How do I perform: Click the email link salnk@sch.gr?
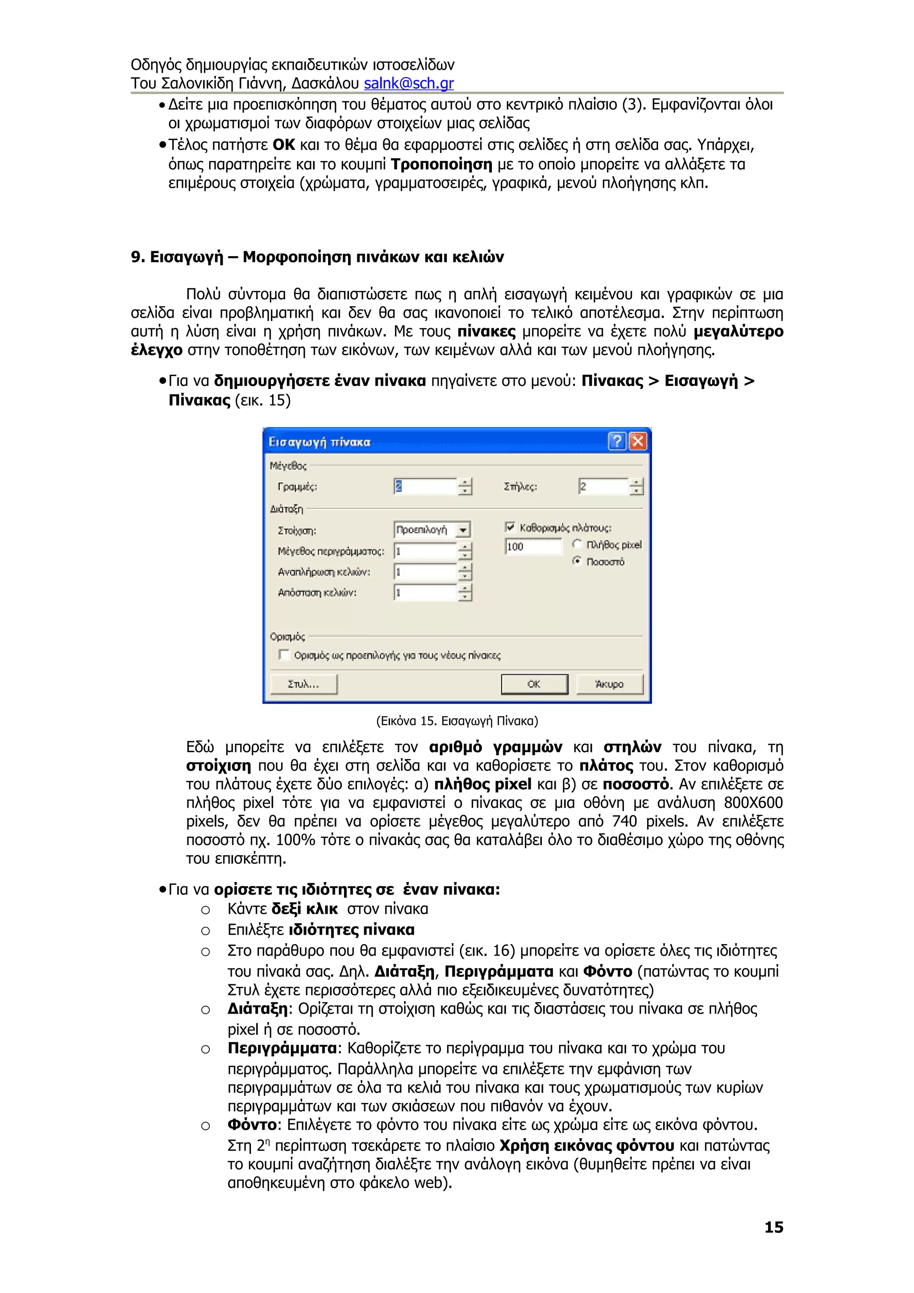pyautogui.click(x=408, y=83)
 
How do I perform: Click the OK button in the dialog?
pyautogui.click(x=534, y=684)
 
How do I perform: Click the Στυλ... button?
pyautogui.click(x=303, y=684)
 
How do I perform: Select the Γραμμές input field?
pyautogui.click(x=425, y=487)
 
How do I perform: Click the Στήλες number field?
pyautogui.click(x=602, y=487)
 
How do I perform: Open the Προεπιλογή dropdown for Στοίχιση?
pyautogui.click(x=463, y=530)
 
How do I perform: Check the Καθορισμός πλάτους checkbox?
pyautogui.click(x=510, y=527)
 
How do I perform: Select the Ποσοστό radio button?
pyautogui.click(x=577, y=561)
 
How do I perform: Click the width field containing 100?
pyautogui.click(x=533, y=546)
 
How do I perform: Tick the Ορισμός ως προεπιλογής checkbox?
pyautogui.click(x=284, y=655)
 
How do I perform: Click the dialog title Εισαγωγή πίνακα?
pyautogui.click(x=319, y=442)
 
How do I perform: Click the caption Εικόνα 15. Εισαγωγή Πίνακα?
pyautogui.click(x=457, y=721)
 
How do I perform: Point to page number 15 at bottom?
pyautogui.click(x=773, y=1227)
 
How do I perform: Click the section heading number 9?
pyautogui.click(x=137, y=257)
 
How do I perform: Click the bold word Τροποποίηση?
pyautogui.click(x=441, y=165)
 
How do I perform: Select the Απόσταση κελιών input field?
pyautogui.click(x=425, y=593)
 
